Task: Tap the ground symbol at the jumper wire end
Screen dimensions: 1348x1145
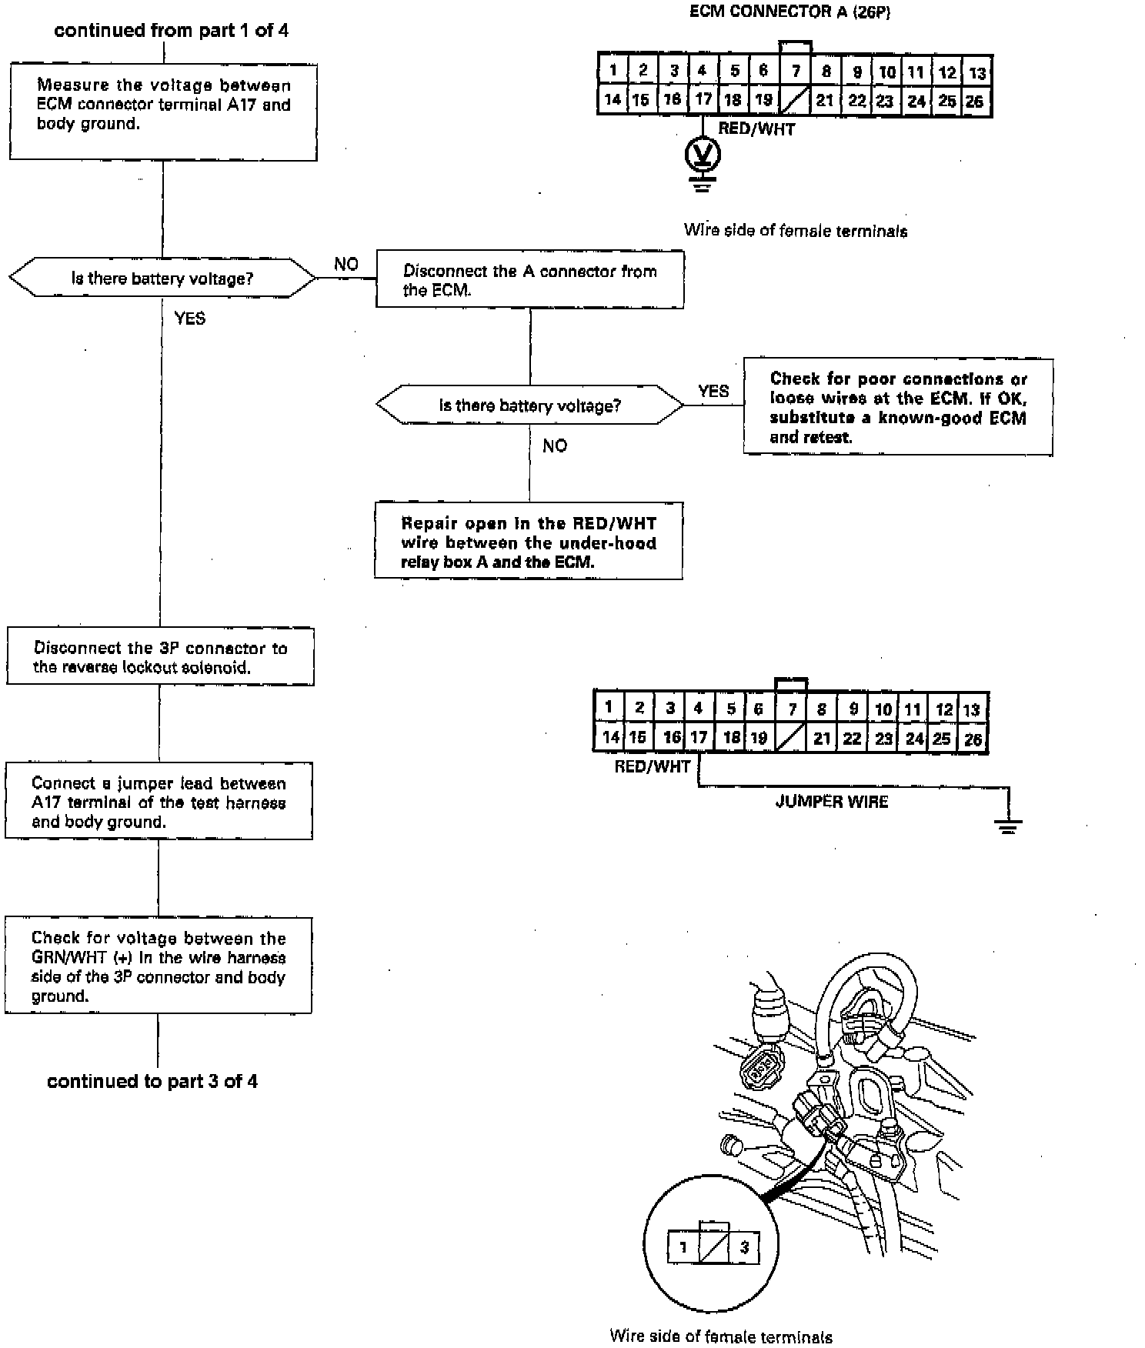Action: [x=1008, y=825]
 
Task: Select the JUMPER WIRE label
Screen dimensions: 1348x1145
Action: [x=831, y=802]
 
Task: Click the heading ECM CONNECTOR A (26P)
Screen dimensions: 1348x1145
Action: [x=790, y=12]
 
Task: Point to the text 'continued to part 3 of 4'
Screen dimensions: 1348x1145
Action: [x=152, y=1081]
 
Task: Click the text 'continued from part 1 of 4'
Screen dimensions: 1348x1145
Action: [x=172, y=31]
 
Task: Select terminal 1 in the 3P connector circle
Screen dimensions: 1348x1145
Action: [x=683, y=1247]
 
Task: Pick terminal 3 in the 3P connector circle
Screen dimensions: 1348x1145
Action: [x=744, y=1247]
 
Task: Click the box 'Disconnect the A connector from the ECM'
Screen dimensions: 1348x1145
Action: [x=529, y=279]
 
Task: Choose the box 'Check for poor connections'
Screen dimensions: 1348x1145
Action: [x=898, y=407]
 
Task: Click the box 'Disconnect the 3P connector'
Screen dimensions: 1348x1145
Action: [x=160, y=656]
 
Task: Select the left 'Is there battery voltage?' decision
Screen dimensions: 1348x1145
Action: [x=162, y=278]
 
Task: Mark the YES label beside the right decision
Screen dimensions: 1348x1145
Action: [x=713, y=391]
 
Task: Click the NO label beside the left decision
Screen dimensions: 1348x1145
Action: [x=346, y=264]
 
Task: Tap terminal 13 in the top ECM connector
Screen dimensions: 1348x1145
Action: [x=977, y=73]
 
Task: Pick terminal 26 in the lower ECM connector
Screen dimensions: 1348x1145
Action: [x=973, y=739]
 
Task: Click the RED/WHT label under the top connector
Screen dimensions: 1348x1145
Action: [x=756, y=129]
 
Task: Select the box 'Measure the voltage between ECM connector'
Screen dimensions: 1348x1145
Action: [x=163, y=112]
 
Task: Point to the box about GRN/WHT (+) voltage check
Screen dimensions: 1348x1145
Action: [x=159, y=966]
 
